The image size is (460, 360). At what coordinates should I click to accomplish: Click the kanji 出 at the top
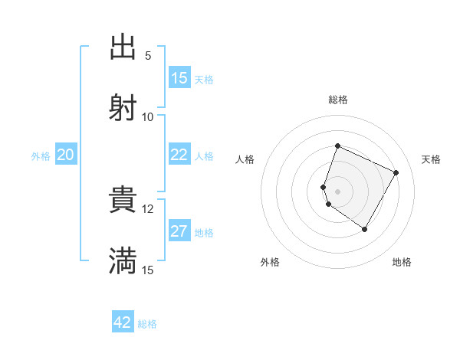(x=123, y=47)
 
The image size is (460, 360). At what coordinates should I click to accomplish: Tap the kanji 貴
(x=123, y=201)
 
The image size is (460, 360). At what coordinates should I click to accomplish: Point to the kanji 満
(x=123, y=261)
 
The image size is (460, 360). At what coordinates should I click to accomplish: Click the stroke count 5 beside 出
(x=148, y=56)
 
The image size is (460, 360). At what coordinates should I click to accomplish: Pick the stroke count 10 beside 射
(x=148, y=116)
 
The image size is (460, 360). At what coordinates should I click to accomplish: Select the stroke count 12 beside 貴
(x=148, y=208)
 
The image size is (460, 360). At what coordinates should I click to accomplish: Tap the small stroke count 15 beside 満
(x=148, y=270)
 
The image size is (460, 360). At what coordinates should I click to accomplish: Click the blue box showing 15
(x=179, y=78)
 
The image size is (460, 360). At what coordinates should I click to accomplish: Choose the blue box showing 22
(x=179, y=155)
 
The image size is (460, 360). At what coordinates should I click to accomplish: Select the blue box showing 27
(x=179, y=231)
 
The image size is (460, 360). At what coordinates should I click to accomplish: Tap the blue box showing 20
(x=66, y=155)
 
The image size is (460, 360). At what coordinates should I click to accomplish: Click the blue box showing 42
(x=123, y=322)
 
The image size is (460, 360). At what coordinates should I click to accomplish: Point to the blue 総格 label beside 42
(x=147, y=323)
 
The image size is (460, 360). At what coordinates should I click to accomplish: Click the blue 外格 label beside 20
(x=41, y=155)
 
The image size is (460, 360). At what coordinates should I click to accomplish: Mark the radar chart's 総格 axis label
(x=337, y=100)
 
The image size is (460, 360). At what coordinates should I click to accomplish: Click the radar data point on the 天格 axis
(x=396, y=172)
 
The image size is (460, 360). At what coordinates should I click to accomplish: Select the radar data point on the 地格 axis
(x=365, y=229)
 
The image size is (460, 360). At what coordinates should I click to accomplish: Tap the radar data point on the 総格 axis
(x=337, y=146)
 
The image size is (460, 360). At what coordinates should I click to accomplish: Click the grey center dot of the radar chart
(x=337, y=191)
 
